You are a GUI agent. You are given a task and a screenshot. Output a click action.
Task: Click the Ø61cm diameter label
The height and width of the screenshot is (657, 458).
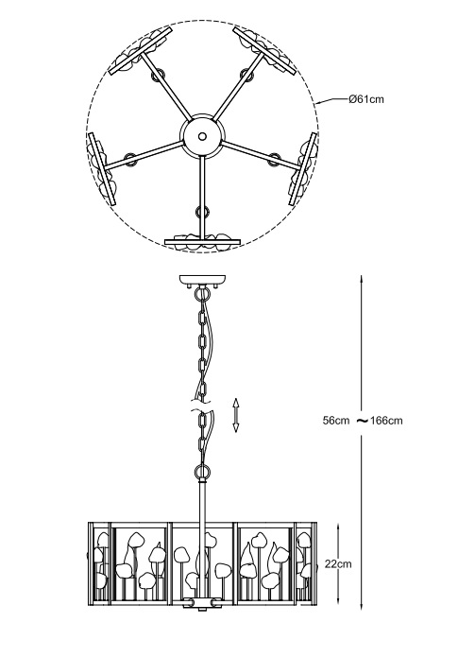[365, 99]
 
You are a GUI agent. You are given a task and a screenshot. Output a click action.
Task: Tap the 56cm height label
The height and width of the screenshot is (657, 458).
[336, 421]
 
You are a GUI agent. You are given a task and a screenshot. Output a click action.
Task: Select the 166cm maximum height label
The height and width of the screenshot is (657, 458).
[386, 421]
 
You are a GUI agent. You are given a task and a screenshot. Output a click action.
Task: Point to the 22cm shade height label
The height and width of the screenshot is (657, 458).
[338, 564]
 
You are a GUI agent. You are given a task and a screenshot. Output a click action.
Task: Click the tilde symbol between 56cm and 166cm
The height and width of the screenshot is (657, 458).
[362, 420]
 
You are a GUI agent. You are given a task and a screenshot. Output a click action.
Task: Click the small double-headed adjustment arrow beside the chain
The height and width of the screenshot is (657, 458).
[236, 415]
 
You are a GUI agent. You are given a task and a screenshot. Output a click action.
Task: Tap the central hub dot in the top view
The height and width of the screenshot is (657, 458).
[202, 136]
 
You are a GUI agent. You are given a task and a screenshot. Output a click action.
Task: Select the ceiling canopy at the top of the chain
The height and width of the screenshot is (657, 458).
[202, 280]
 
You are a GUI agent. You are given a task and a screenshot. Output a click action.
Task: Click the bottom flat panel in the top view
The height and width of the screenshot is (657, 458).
[203, 242]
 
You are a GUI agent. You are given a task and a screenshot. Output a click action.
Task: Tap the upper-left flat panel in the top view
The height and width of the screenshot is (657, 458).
[141, 51]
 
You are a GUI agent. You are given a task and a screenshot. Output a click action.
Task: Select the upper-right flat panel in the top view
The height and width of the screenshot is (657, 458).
[264, 52]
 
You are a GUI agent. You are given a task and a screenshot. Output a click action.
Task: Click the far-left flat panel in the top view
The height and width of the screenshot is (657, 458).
[101, 169]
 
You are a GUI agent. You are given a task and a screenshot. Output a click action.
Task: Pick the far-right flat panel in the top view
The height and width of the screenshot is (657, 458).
[303, 169]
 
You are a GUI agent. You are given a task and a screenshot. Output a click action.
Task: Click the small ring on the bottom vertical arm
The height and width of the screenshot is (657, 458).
[201, 212]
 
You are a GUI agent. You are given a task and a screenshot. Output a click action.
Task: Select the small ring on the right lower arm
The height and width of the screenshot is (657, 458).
[274, 159]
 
